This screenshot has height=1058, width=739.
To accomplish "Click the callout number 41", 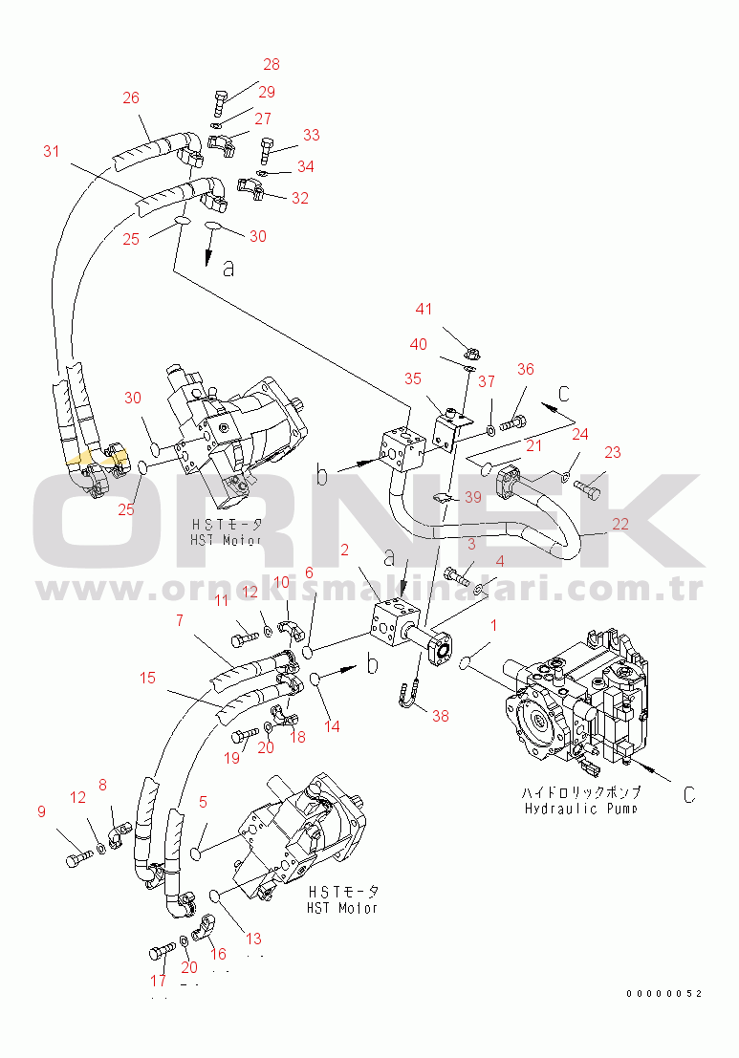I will coord(424,309).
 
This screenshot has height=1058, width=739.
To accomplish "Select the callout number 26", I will coord(131,97).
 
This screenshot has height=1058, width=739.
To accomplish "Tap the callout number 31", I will coord(51,150).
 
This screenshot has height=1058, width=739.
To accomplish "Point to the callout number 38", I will coord(440,715).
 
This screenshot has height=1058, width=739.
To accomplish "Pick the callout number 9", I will coord(41,812).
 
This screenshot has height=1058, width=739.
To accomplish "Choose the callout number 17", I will coord(158,981).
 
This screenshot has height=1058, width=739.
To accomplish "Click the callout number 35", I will coord(412,378).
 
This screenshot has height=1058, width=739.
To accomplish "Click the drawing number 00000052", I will coord(664,994).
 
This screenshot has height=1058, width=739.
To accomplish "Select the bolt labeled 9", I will coord(76,859).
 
